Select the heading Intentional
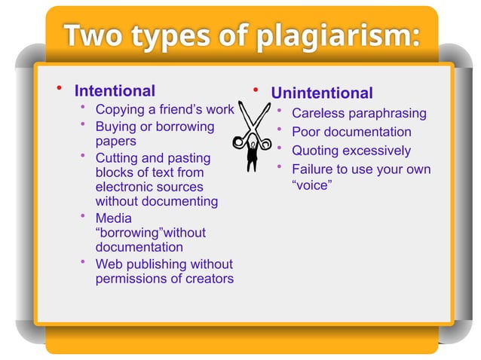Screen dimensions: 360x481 click(x=114, y=91)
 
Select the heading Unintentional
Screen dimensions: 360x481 click(x=322, y=93)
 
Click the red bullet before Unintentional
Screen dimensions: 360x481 click(x=256, y=91)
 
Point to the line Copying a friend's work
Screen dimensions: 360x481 click(x=164, y=110)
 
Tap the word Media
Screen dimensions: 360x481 click(x=113, y=218)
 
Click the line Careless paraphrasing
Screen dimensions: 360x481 click(x=359, y=114)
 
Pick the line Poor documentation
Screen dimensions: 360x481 click(x=351, y=133)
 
